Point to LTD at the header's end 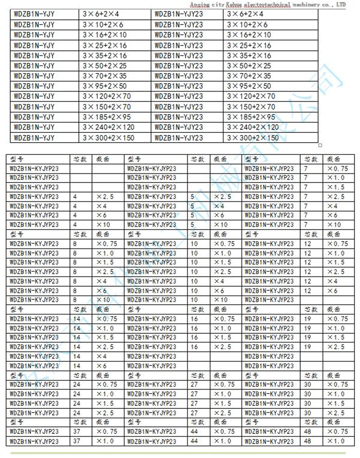click(x=340, y=4)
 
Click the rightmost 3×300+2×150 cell click(x=253, y=138)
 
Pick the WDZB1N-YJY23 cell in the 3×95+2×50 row click(x=178, y=86)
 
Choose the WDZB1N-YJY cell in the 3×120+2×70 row click(x=34, y=96)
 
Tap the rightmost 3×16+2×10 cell click(x=249, y=35)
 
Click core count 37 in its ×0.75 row click(x=77, y=431)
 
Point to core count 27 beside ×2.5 click(x=194, y=413)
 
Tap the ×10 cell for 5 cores click(x=220, y=224)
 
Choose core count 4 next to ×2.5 click(x=76, y=196)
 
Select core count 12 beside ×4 click(x=308, y=281)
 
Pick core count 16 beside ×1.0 click(x=194, y=328)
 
